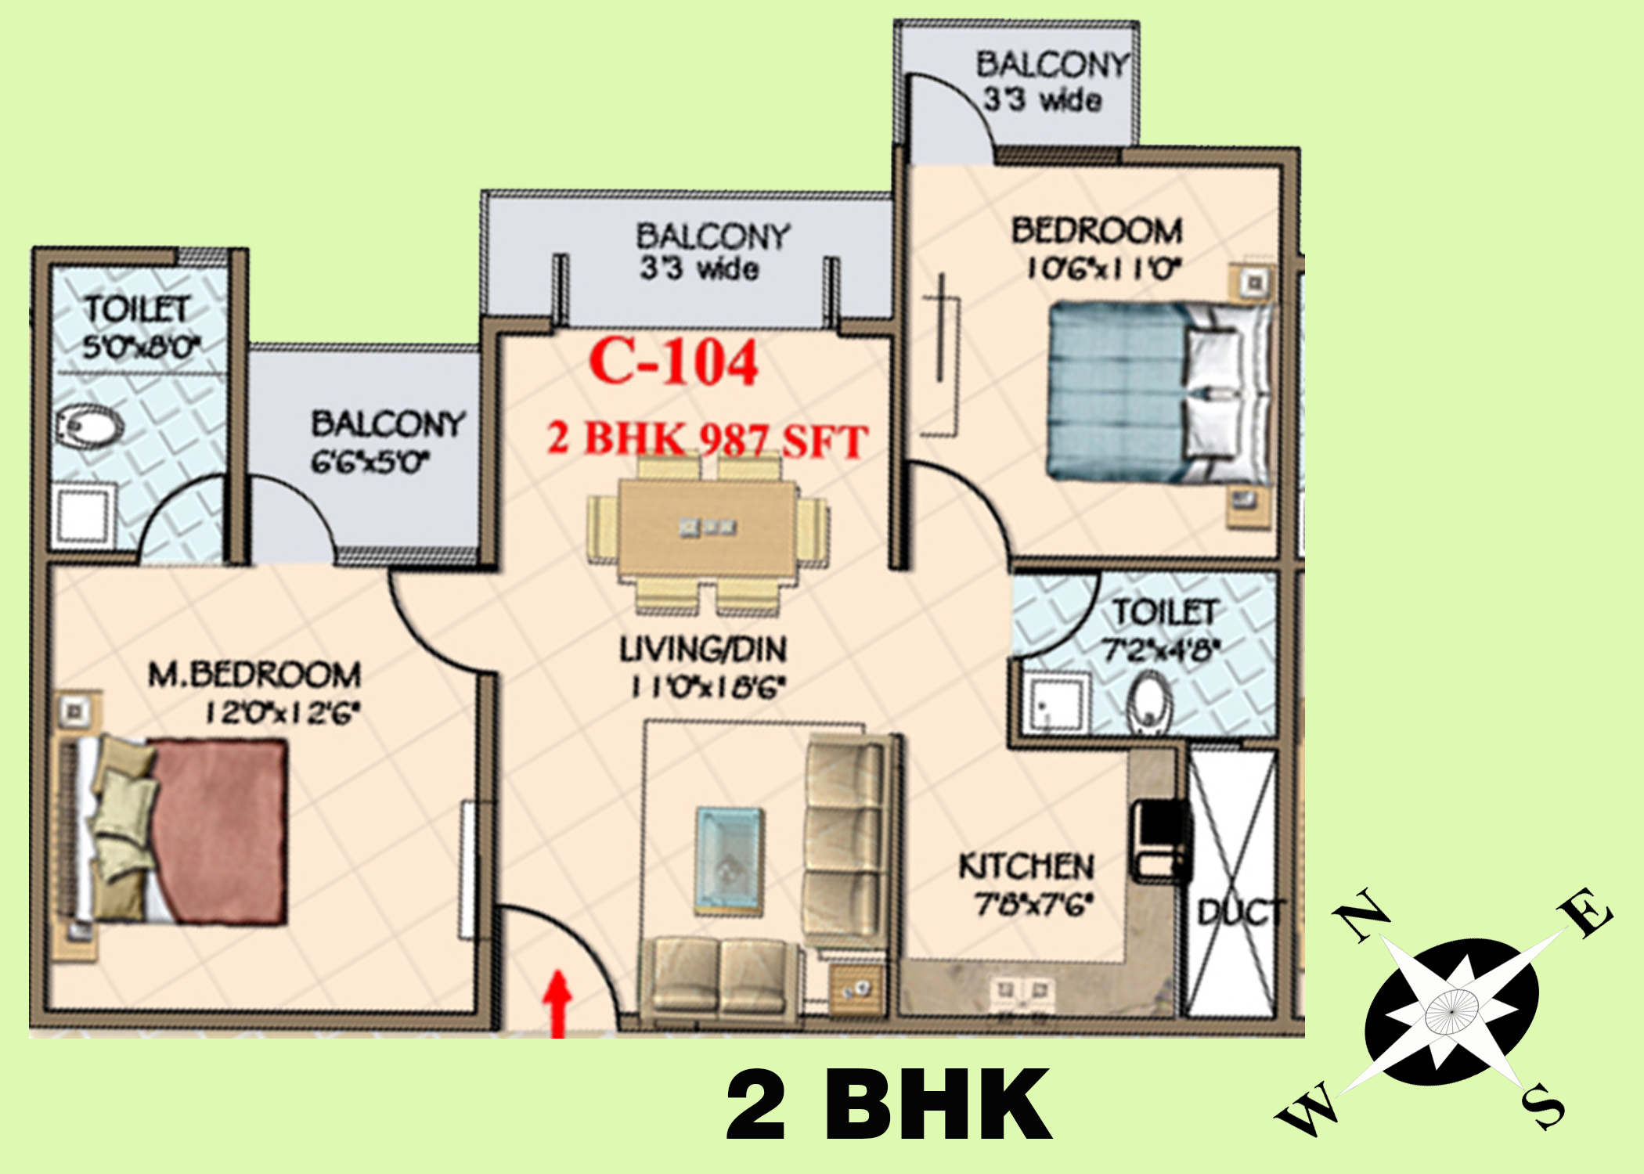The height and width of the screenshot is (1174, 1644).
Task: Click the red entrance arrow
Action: [557, 1004]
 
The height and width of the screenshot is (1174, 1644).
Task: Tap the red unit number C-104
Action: [673, 362]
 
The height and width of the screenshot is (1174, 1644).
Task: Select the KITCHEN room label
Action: [1026, 866]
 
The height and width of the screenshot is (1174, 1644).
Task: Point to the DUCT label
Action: [1241, 913]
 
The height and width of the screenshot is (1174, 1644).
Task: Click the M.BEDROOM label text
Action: [255, 675]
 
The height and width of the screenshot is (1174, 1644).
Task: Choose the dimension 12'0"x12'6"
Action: [283, 713]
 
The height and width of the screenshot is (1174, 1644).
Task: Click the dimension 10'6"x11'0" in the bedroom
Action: [1104, 268]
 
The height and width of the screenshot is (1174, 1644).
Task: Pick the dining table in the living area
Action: [708, 528]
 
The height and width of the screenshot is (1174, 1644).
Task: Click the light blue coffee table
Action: [729, 860]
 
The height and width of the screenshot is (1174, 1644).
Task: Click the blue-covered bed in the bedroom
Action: [1159, 391]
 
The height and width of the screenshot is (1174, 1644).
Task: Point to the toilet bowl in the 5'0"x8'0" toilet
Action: [88, 427]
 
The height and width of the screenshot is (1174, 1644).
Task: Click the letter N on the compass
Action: [1361, 913]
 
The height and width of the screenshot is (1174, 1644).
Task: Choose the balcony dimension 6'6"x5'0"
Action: [370, 462]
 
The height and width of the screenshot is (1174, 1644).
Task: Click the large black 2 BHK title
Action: [889, 1104]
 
